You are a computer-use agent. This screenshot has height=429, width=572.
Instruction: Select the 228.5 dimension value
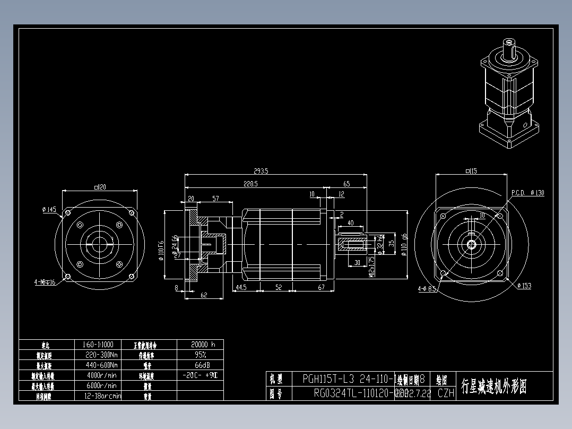250,184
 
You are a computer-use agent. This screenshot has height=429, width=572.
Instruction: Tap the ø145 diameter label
49,210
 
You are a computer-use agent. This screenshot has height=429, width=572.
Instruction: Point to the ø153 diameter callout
523,286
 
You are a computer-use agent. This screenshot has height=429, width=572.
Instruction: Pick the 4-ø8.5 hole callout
427,289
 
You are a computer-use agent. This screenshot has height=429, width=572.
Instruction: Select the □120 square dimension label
100,187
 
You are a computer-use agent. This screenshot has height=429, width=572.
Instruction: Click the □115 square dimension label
471,171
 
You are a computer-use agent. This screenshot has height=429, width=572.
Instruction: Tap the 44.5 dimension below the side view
241,287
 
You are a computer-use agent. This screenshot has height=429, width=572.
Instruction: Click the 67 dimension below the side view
321,287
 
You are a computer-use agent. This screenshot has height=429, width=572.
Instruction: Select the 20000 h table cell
200,344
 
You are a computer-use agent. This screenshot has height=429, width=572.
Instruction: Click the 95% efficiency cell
200,354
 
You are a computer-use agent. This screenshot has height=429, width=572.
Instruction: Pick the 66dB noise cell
200,365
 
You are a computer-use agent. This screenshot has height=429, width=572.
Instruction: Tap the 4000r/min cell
101,375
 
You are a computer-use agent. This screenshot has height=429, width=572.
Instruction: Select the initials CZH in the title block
446,393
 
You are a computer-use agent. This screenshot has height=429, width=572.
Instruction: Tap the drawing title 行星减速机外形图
494,386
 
